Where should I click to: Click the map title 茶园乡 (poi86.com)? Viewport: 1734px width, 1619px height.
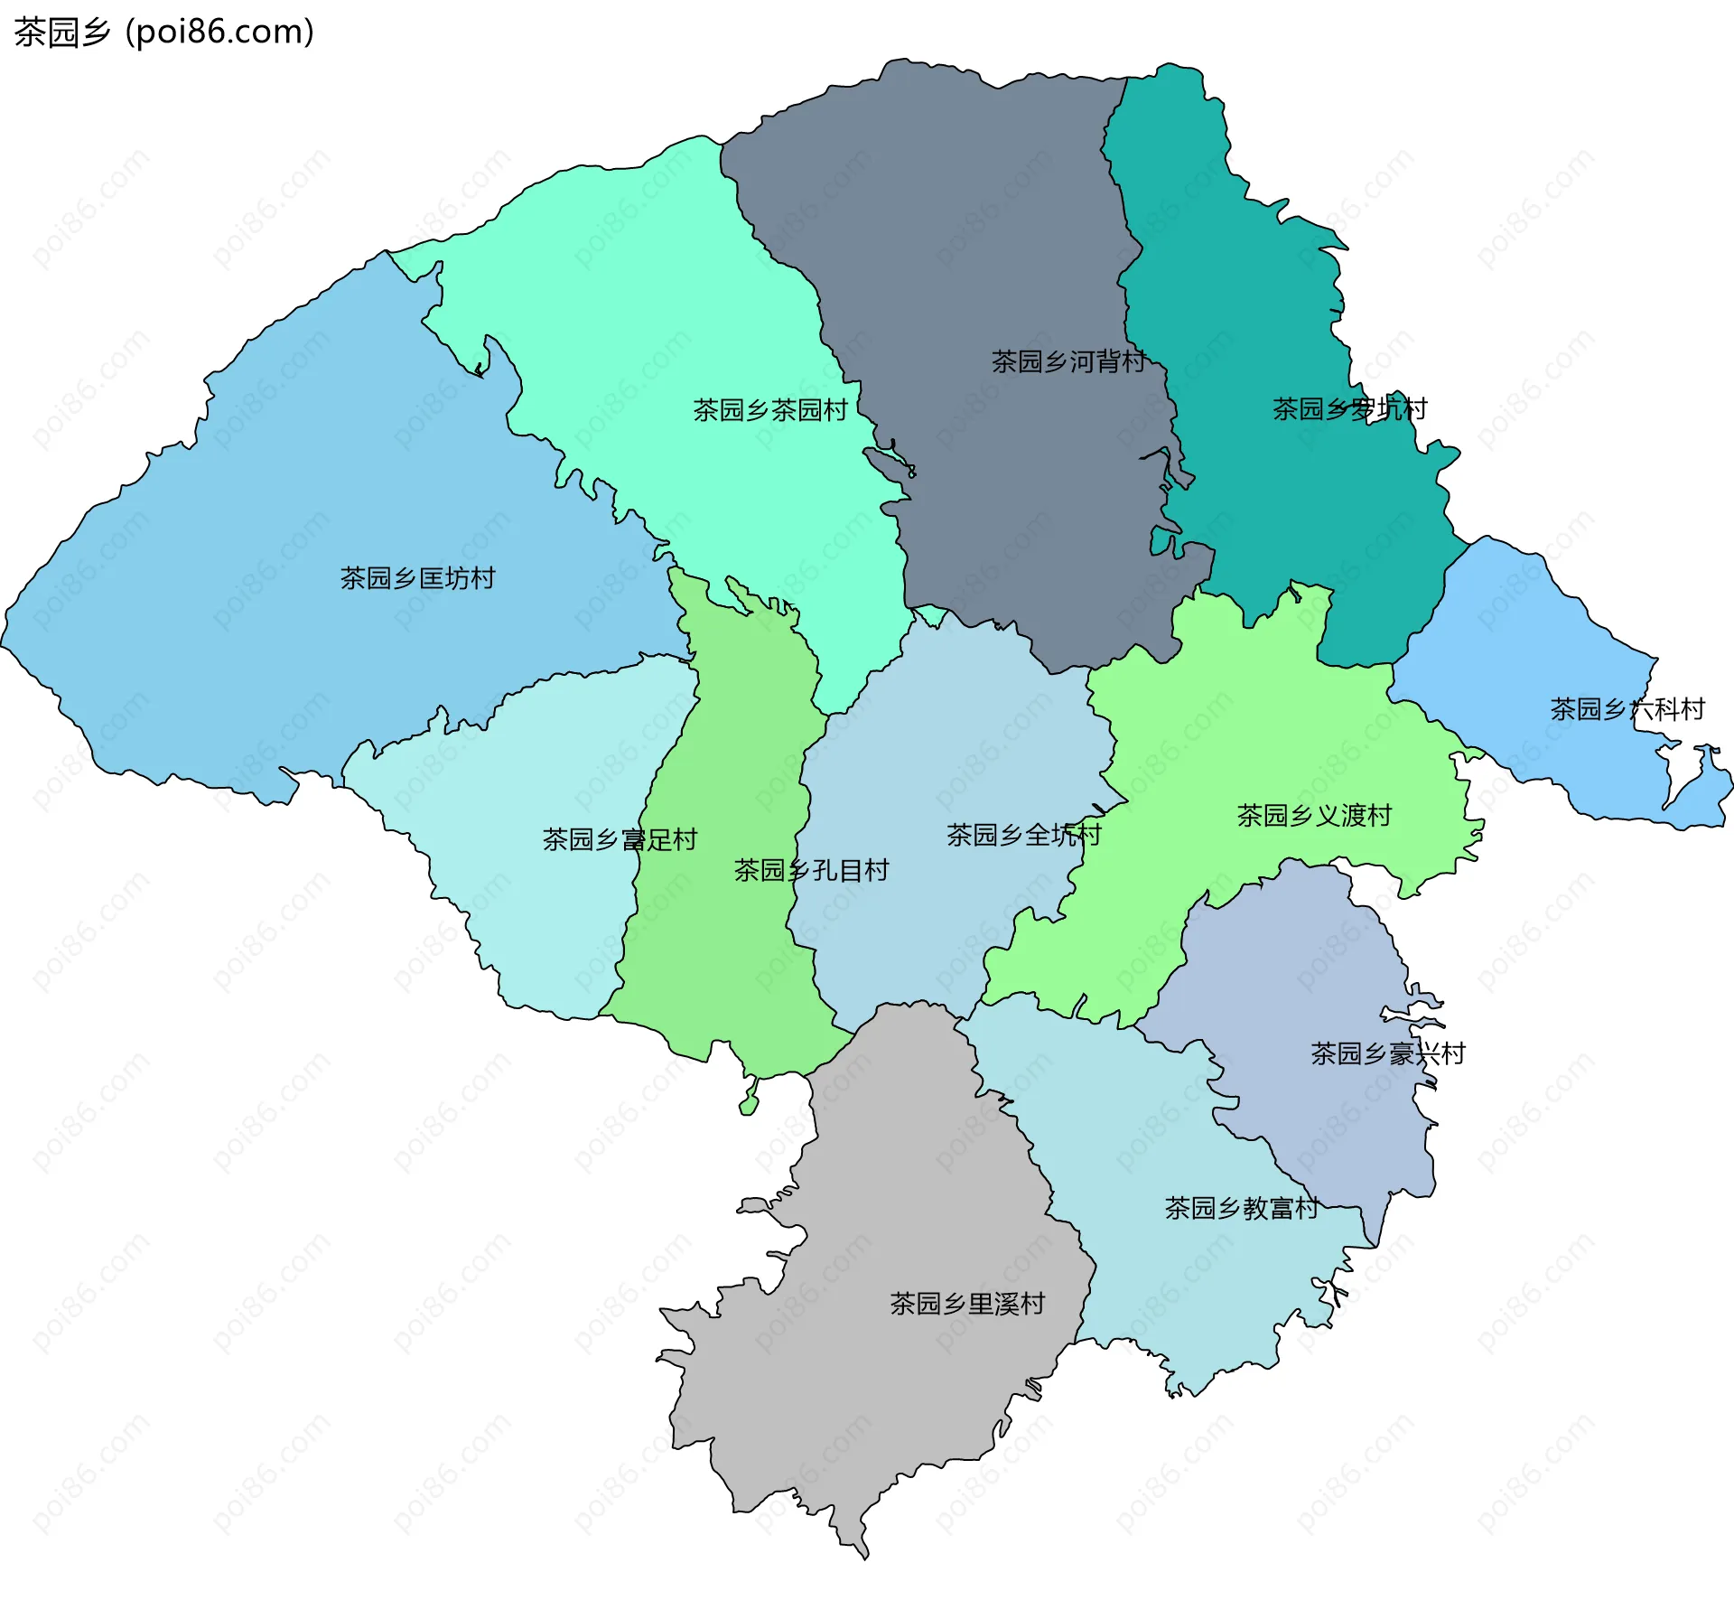164,32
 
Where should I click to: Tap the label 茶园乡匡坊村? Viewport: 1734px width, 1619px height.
417,578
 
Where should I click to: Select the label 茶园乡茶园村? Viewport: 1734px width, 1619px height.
770,410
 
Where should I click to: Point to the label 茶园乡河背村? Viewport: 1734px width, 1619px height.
1068,361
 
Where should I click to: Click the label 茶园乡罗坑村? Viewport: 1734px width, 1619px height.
1349,409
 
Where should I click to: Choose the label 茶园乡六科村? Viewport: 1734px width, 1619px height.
1627,709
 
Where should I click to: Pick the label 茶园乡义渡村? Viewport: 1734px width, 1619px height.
1313,816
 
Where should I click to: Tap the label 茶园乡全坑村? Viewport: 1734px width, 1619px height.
1023,835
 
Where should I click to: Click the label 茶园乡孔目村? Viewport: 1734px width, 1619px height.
811,871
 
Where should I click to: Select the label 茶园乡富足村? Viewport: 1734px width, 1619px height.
620,840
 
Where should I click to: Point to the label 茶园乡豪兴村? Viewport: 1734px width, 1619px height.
1387,1053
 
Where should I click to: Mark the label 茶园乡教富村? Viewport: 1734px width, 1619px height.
1241,1208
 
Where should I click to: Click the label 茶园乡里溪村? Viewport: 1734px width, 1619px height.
966,1304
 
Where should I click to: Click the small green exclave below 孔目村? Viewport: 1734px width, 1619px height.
749,1105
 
